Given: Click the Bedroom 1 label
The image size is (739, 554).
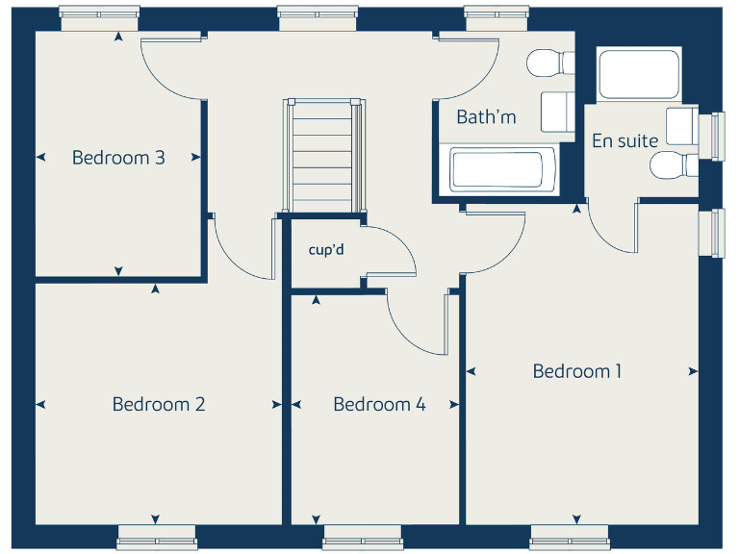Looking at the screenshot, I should (577, 371).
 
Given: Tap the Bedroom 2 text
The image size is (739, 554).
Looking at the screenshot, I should (159, 404).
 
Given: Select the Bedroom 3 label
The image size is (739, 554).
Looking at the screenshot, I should (118, 158).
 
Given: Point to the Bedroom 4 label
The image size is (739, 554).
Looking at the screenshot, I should (379, 404).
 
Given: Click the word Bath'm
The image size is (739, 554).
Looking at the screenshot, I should (486, 117).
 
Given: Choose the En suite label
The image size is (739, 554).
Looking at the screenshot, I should (624, 141).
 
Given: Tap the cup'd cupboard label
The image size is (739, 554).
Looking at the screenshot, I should (326, 250).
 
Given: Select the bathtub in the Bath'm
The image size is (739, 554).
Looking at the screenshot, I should (497, 170).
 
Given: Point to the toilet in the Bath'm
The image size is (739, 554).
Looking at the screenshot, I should (545, 64).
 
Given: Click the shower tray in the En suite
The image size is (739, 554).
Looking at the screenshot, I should (639, 74).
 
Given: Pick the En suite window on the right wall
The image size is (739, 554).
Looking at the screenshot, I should (717, 136).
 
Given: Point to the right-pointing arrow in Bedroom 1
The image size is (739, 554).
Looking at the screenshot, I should (693, 371).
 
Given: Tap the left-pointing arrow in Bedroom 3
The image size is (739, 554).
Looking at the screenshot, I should (41, 158).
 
